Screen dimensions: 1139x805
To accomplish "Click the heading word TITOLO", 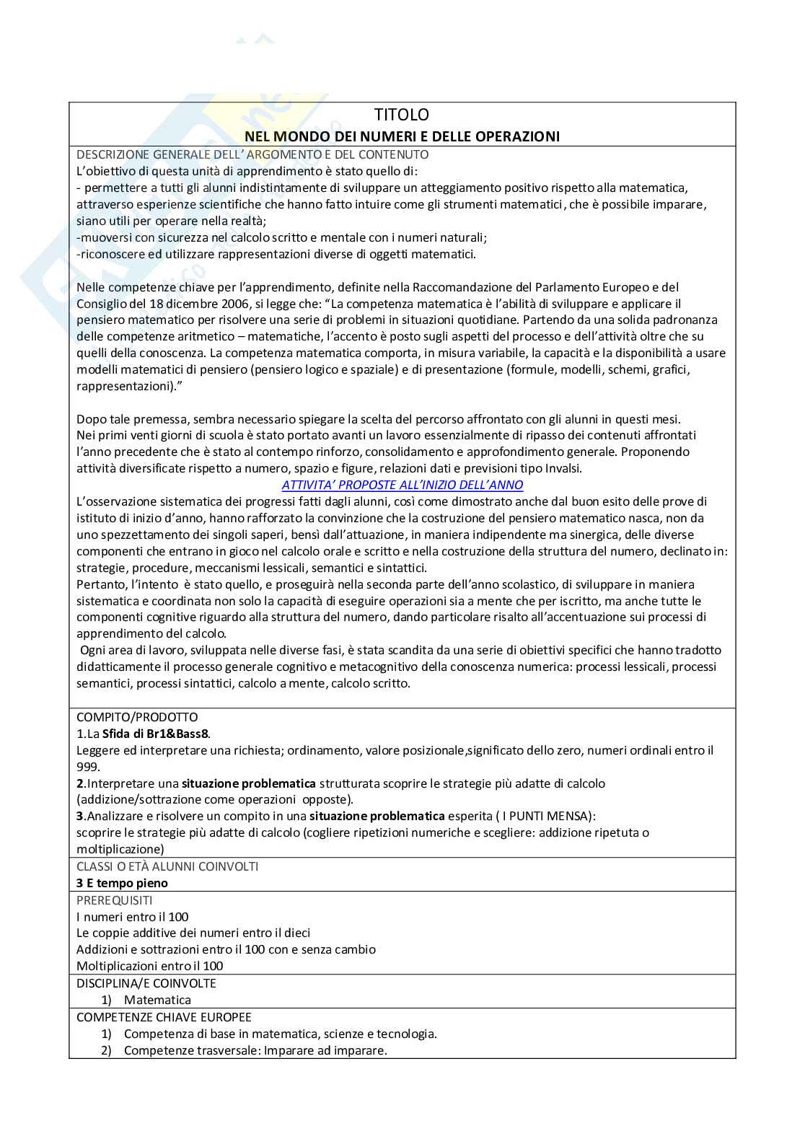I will tap(402, 115).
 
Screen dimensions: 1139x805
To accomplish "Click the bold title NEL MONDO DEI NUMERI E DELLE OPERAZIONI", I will tap(402, 136).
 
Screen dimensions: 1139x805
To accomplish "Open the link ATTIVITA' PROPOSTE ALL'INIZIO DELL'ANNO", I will tap(402, 485).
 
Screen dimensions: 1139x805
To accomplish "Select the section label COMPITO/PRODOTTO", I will tap(137, 717).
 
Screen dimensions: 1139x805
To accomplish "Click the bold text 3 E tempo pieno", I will tap(122, 883).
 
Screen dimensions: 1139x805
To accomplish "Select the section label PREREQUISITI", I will tap(114, 900).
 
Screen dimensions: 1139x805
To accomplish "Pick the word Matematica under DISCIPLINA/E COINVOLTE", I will tap(157, 1000).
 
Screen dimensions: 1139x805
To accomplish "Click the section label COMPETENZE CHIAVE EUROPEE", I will tap(164, 1017).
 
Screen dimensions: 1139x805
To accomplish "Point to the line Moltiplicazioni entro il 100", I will tap(149, 966).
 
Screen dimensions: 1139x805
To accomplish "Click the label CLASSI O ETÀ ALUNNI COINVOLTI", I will tap(167, 866).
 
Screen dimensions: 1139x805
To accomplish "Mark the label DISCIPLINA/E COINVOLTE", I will tap(146, 983).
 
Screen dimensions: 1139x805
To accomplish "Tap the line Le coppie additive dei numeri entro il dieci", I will tap(193, 933).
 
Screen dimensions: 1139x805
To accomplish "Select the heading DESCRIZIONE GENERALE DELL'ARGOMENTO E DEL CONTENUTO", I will tap(252, 154).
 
